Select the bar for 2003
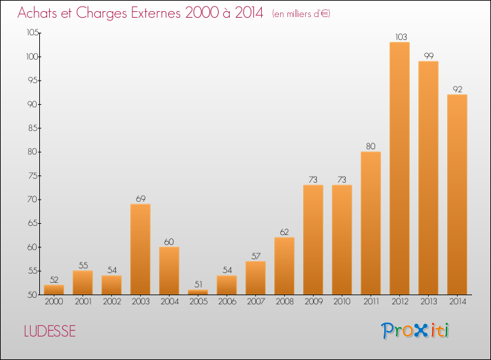140,249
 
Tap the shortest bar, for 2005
198,292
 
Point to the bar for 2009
313,240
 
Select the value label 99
428,56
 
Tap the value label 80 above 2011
371,147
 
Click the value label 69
140,199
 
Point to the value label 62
284,232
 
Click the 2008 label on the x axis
284,302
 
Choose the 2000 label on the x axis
54,302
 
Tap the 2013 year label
428,302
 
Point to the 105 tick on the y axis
32,33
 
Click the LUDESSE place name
50,331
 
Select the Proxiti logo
415,331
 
